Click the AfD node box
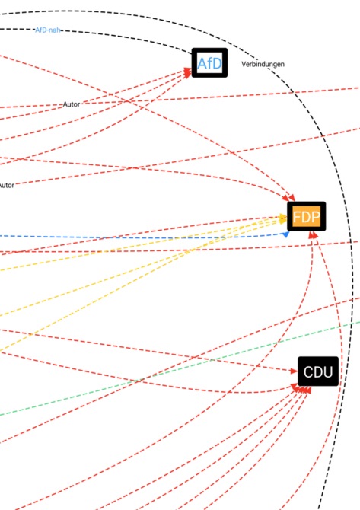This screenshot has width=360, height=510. tap(209, 62)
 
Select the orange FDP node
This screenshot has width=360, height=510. tap(306, 216)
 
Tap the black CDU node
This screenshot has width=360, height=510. tap(318, 371)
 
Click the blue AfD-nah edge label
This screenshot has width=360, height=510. tap(48, 30)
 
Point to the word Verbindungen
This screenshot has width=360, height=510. tap(263, 64)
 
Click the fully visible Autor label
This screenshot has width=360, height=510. tap(72, 104)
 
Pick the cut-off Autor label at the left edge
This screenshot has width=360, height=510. tap(7, 186)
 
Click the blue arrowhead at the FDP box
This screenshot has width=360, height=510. tap(285, 234)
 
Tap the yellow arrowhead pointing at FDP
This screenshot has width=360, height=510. tap(283, 218)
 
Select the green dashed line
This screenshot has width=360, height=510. tap(180, 369)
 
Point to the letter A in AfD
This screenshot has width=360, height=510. tap(202, 64)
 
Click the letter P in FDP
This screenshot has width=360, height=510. tap(316, 217)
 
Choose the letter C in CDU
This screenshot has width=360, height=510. tap(308, 371)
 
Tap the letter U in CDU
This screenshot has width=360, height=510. tap(328, 371)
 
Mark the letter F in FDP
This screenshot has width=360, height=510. tap(297, 217)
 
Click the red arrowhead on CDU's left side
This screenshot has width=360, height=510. tap(294, 371)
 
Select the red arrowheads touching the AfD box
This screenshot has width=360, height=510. tap(188, 72)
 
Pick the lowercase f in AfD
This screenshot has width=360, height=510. tap(210, 63)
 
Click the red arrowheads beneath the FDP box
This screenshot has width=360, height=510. tap(313, 235)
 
